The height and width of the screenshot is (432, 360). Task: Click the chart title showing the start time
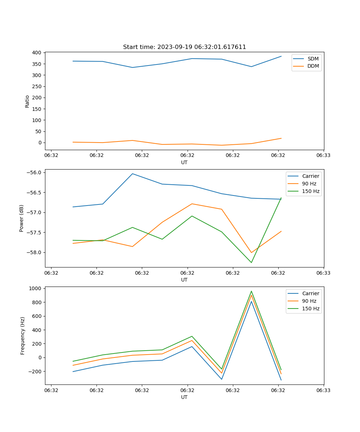click(x=184, y=47)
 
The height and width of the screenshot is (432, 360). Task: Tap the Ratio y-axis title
click(x=27, y=101)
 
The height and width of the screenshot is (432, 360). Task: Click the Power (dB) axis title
click(x=22, y=218)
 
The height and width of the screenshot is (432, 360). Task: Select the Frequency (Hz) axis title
click(x=22, y=336)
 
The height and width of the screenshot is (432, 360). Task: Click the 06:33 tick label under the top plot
click(x=323, y=156)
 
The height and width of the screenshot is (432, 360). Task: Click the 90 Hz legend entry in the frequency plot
click(x=309, y=301)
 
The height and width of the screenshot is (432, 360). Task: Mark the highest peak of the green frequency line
click(x=251, y=291)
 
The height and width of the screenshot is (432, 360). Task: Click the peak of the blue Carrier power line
click(x=132, y=174)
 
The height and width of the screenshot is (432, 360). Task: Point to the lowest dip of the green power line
click(x=251, y=262)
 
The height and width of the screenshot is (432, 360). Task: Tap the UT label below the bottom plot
click(x=184, y=397)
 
